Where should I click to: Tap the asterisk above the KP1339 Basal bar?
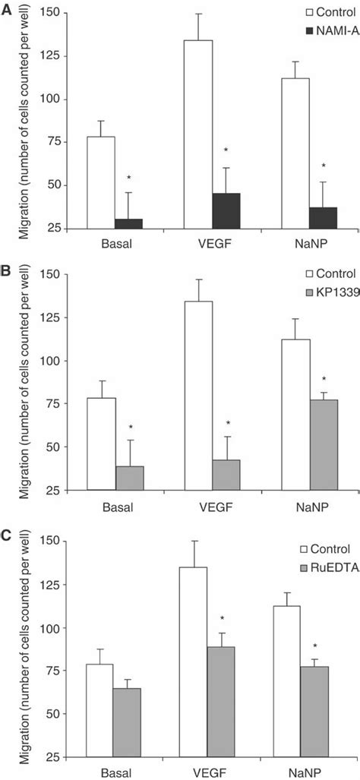[129, 428]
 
